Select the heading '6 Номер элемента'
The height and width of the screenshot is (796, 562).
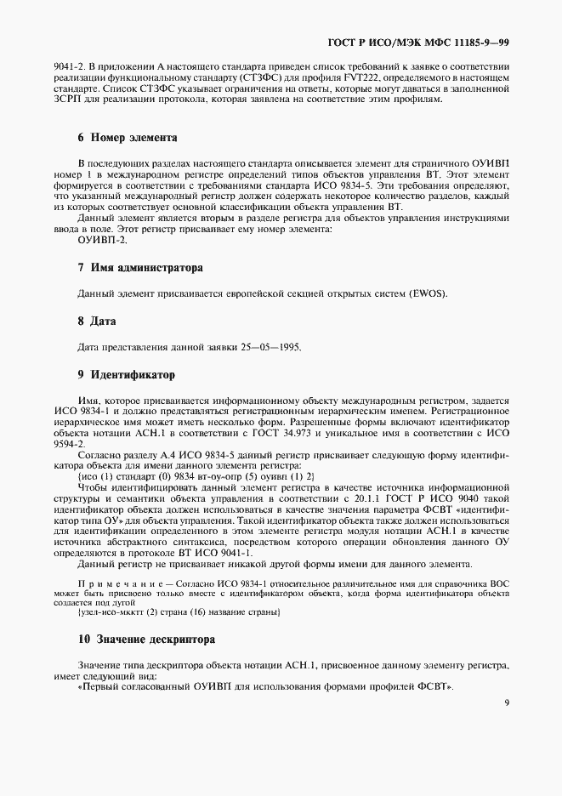click(x=127, y=137)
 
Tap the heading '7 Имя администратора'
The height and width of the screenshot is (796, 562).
click(x=140, y=267)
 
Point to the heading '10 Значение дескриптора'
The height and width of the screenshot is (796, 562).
click(x=146, y=639)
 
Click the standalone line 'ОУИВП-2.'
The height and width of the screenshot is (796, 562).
click(x=101, y=240)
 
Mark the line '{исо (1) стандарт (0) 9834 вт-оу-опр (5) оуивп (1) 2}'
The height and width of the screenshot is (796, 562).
click(x=196, y=476)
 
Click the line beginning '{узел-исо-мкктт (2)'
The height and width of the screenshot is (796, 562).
click(x=179, y=612)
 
